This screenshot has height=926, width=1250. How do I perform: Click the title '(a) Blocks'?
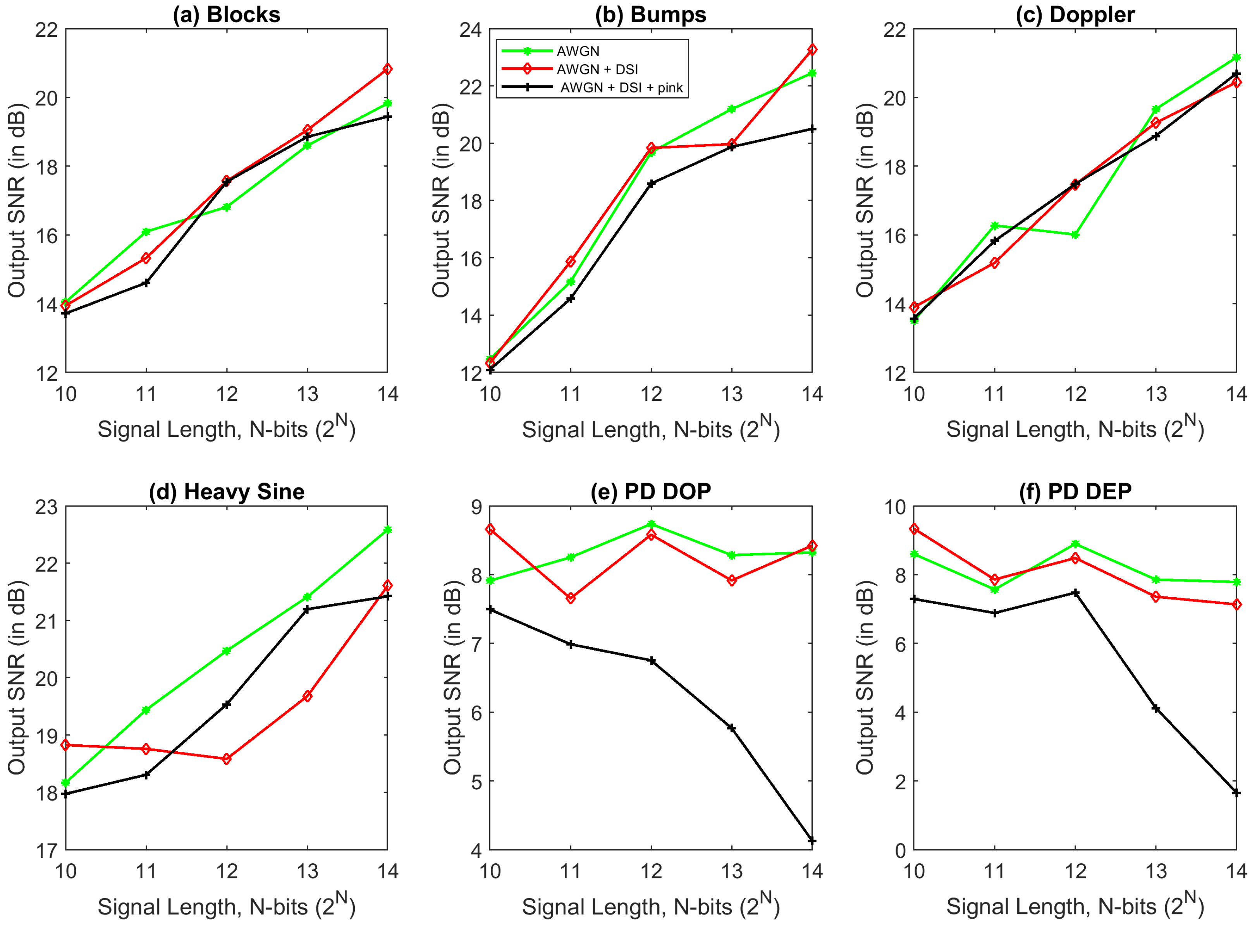227,15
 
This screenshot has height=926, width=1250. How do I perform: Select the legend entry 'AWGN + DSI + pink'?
621,88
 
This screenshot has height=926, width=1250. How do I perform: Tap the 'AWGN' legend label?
577,51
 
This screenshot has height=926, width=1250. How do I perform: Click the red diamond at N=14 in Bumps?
812,50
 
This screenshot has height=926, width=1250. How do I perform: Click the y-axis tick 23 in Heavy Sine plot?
46,507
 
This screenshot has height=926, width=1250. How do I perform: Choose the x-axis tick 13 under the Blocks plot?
307,394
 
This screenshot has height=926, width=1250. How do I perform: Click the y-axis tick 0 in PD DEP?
900,851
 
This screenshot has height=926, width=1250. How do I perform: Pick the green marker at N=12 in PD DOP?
651,524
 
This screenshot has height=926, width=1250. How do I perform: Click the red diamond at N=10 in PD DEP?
914,529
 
